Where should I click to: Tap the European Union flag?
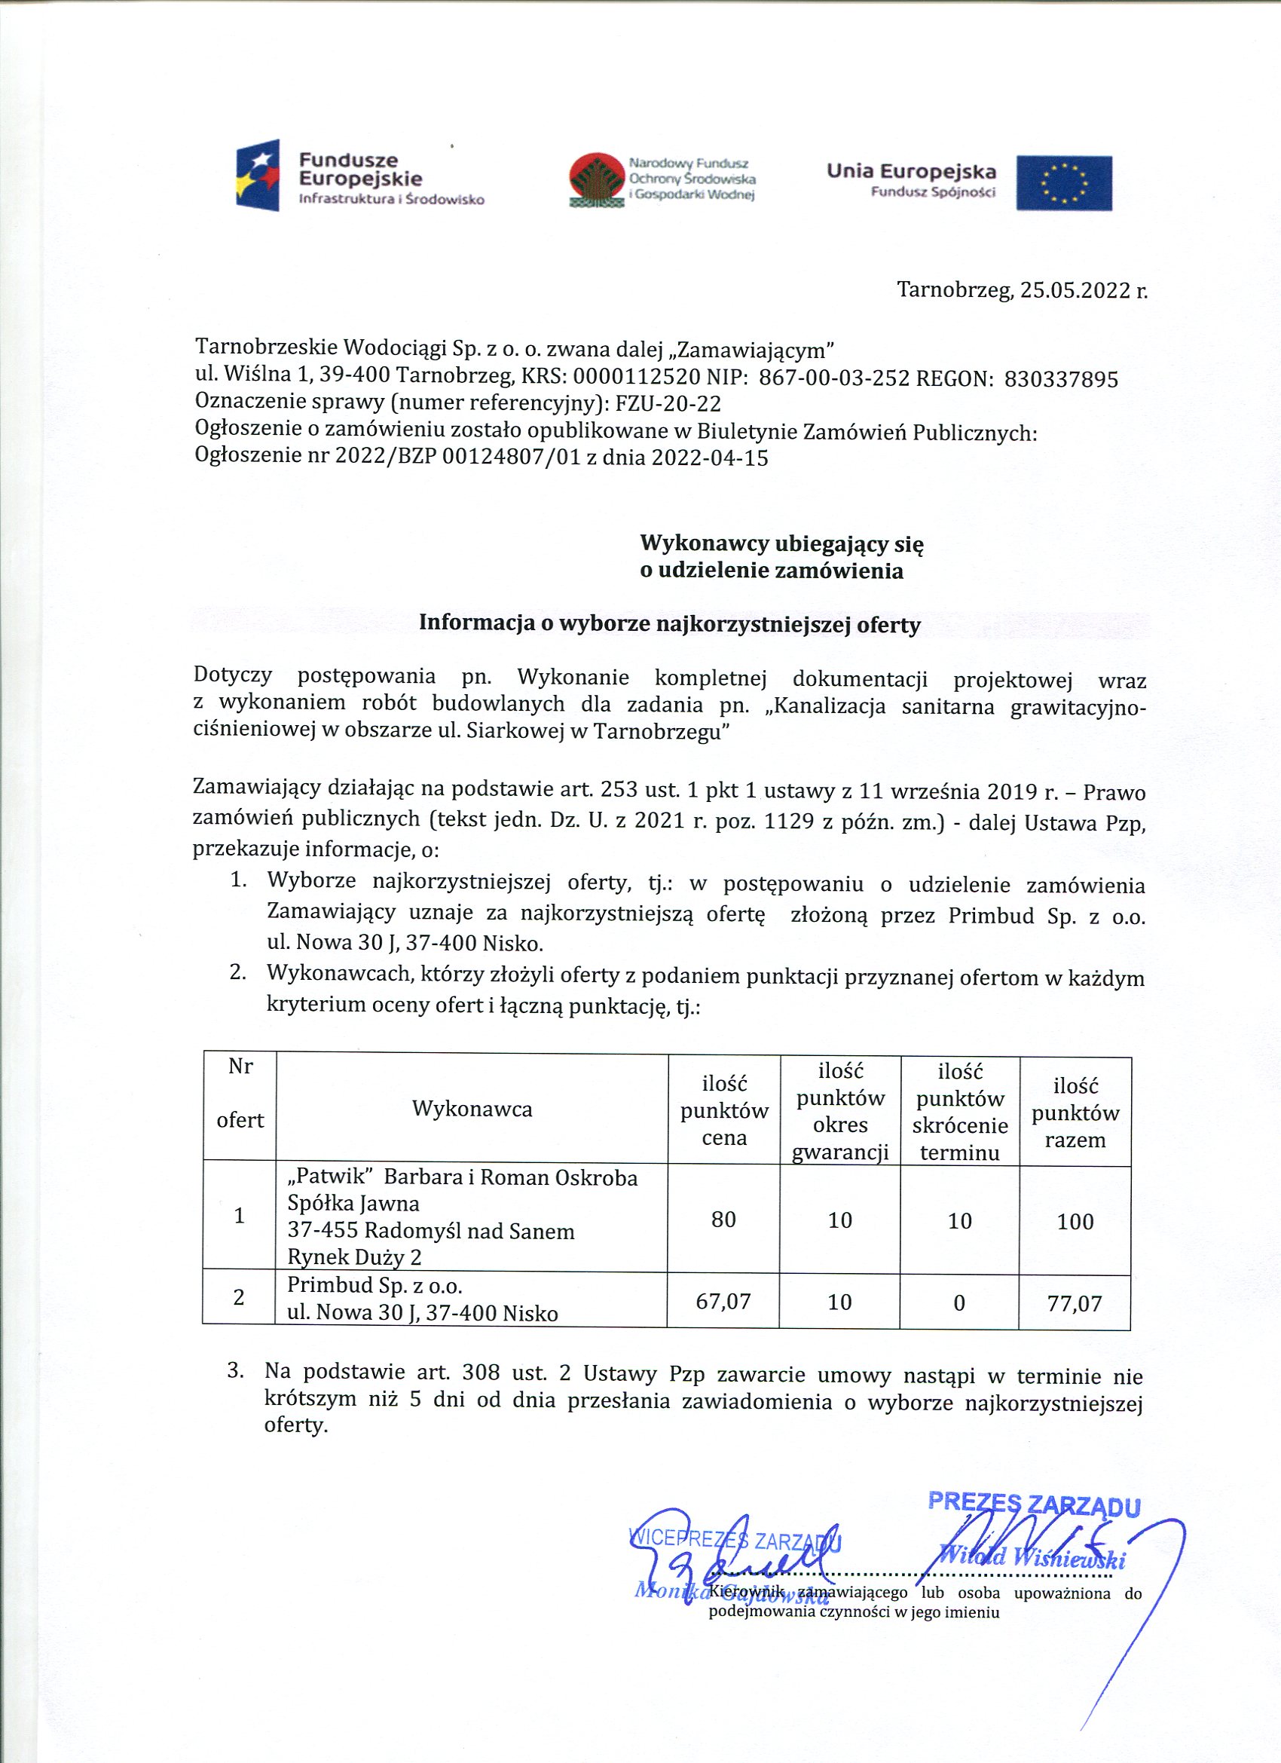tap(1063, 182)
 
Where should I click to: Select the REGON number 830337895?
tap(1061, 379)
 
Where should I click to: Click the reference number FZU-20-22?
tap(668, 404)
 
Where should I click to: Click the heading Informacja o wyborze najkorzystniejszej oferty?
tap(669, 623)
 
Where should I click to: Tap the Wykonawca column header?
tap(472, 1109)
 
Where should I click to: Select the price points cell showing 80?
tap(723, 1219)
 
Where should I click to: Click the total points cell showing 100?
tap(1075, 1221)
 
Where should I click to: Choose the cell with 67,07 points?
tap(723, 1301)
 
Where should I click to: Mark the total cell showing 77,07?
tap(1075, 1302)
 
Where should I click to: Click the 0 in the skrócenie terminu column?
tap(958, 1302)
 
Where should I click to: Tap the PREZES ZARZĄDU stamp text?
tap(1034, 1504)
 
